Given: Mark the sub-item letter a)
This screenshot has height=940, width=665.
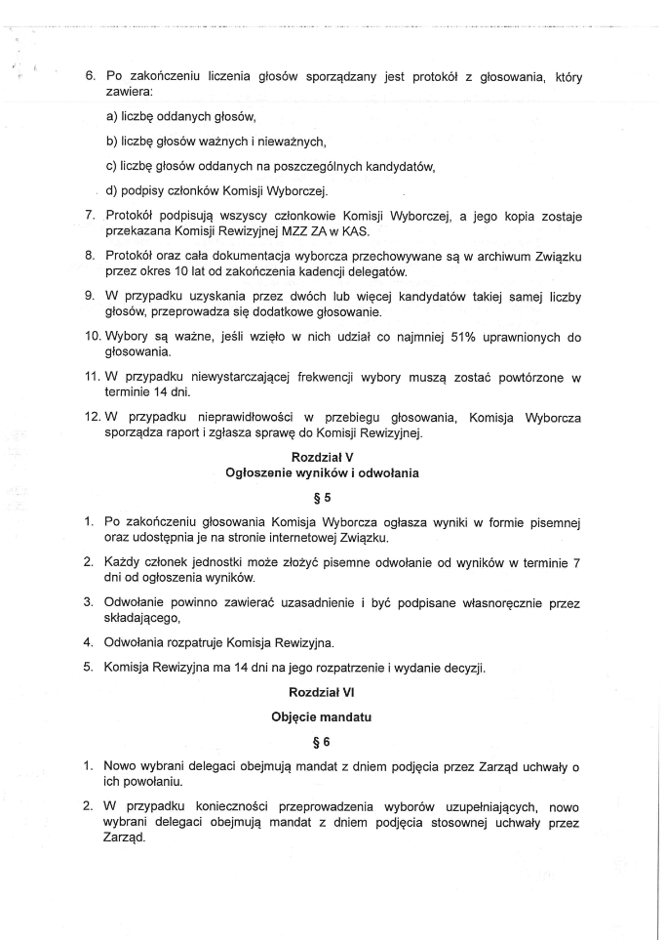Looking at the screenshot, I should coord(112,117).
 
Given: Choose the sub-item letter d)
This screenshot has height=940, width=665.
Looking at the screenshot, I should coord(112,189).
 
